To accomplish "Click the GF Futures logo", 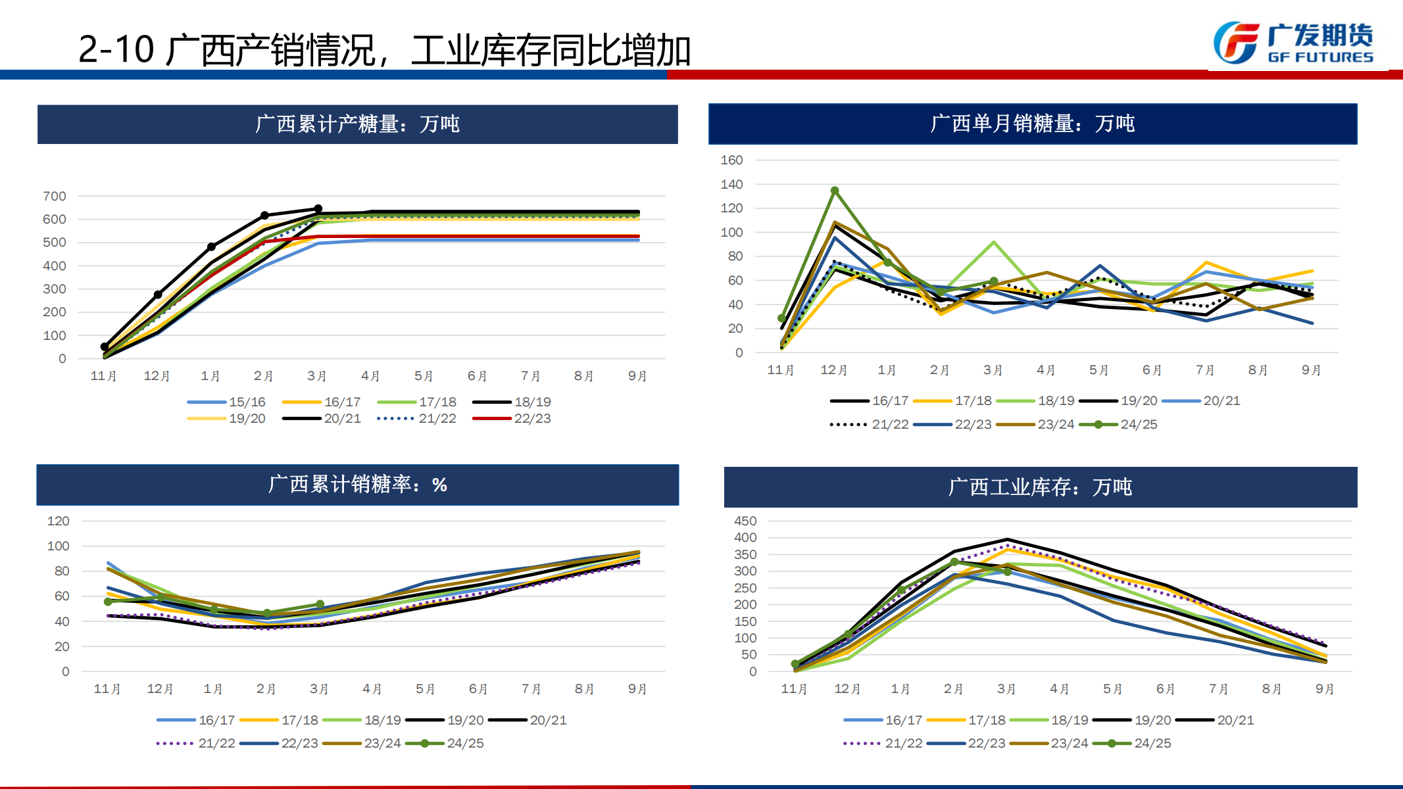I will tap(1293, 43).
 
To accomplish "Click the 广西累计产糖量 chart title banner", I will tap(357, 124).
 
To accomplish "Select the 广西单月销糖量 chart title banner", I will tap(1032, 124).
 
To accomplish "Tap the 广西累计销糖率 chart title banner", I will tap(357, 485).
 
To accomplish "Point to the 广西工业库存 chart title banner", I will tap(1040, 487).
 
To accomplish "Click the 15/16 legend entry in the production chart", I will tap(226, 402).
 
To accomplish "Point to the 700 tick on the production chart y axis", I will tap(55, 196).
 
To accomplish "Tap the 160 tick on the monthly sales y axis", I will tap(731, 160).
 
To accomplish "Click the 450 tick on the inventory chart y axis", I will tap(745, 521).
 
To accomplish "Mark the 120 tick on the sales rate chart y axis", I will tap(58, 521).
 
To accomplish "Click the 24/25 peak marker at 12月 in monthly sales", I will tap(835, 191).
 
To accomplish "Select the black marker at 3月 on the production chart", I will tap(318, 209).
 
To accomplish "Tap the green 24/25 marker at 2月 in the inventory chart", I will tap(954, 562).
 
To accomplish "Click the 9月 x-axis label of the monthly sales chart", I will tap(1312, 370).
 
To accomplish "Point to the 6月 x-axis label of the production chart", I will tap(478, 376).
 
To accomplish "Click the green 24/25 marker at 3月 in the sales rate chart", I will tap(320, 604).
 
